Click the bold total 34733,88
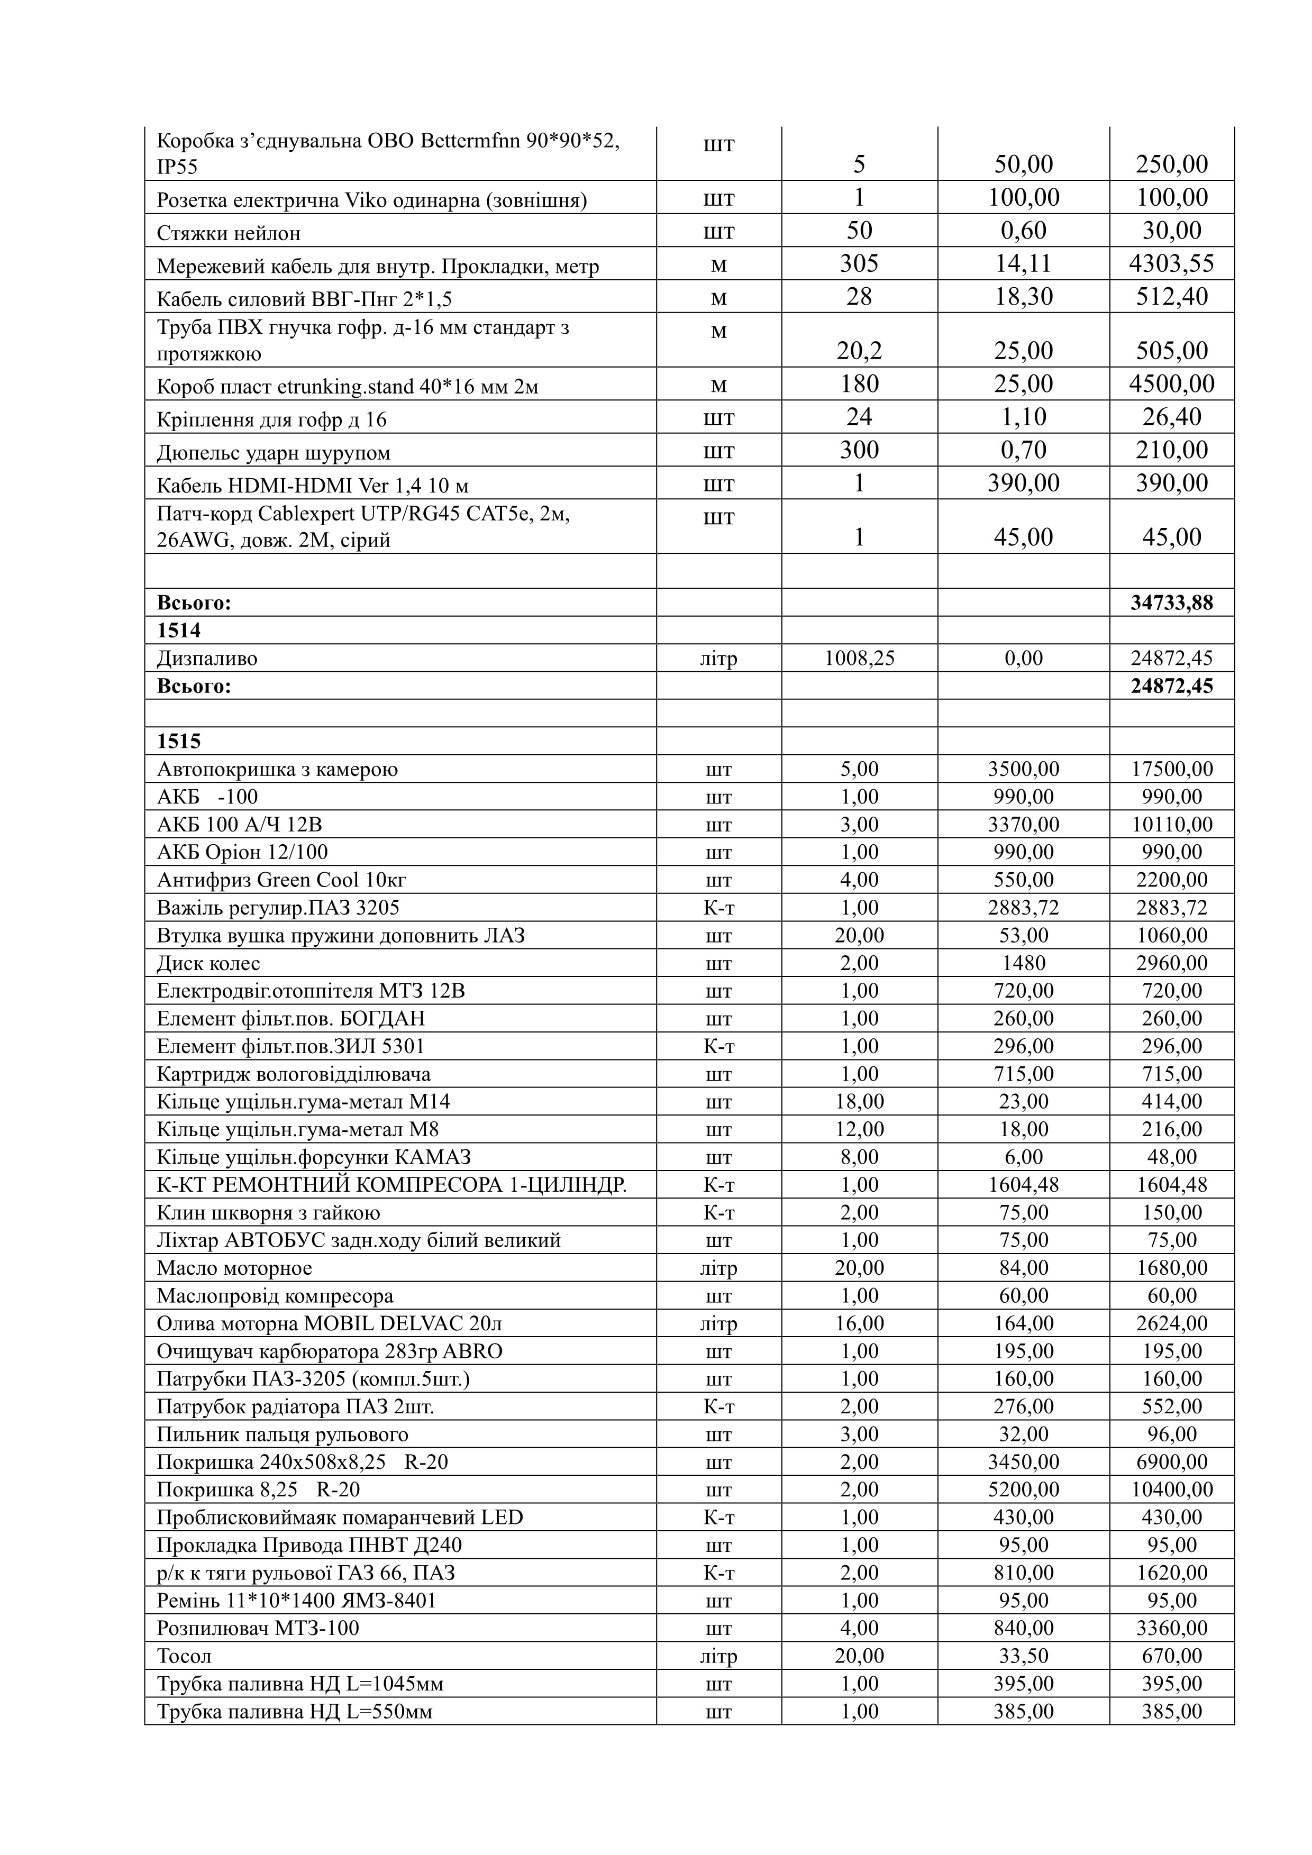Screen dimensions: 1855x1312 click(1171, 602)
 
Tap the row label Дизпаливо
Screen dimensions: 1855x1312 click(207, 659)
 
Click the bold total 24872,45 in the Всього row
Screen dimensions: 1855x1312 click(1171, 686)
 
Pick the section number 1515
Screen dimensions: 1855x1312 click(178, 742)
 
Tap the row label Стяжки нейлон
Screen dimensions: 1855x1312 click(229, 233)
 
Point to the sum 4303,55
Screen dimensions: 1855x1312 click(1171, 263)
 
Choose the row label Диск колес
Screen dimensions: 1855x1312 click(208, 963)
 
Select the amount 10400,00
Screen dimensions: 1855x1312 click(1171, 1490)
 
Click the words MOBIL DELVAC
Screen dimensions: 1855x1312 click(383, 1323)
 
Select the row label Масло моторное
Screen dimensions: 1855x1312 click(234, 1268)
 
